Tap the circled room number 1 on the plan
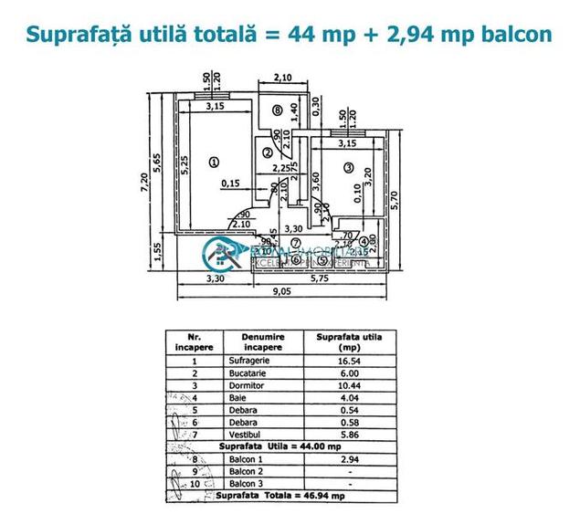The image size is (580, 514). coord(214,163)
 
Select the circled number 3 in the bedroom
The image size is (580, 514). coord(349,167)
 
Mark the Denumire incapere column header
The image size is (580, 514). coord(263,341)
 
